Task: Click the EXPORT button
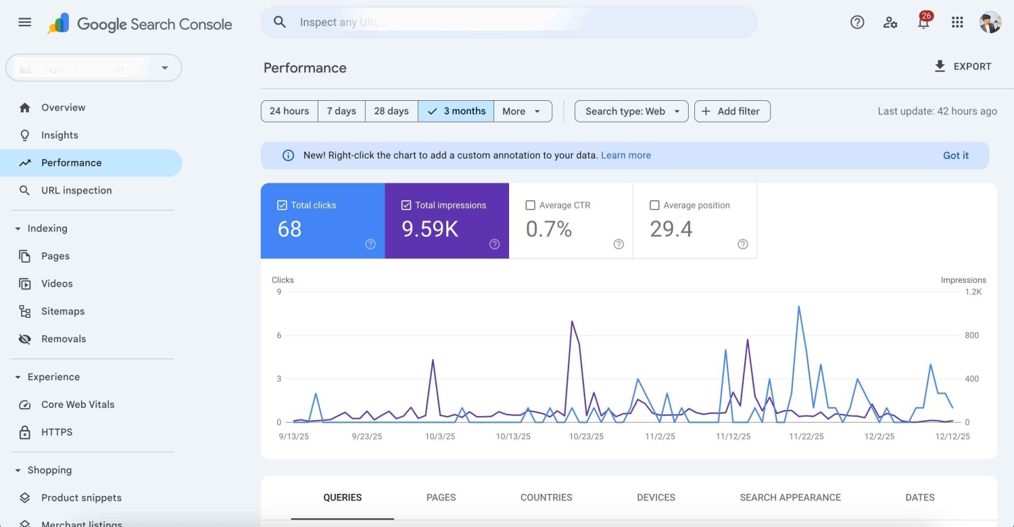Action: click(x=963, y=66)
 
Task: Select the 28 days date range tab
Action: click(x=391, y=111)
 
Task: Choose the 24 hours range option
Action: click(x=289, y=111)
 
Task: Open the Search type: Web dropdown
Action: click(x=631, y=111)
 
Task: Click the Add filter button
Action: click(x=732, y=111)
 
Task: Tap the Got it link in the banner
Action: click(x=955, y=156)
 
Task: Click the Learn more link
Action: click(x=625, y=156)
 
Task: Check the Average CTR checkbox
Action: click(x=531, y=205)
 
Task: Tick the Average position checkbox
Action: click(x=654, y=205)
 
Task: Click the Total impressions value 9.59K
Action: click(x=430, y=229)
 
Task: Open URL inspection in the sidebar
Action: click(x=76, y=191)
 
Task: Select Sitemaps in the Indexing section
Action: click(x=63, y=311)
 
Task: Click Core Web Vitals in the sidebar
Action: click(x=78, y=405)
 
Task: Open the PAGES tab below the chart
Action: click(x=441, y=497)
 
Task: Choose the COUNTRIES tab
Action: click(x=546, y=497)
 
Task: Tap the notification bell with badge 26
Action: click(x=923, y=22)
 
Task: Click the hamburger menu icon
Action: click(x=25, y=22)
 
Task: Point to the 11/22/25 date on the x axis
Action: click(x=806, y=436)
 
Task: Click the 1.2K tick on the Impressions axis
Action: click(x=973, y=292)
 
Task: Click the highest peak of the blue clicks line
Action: click(x=799, y=306)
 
